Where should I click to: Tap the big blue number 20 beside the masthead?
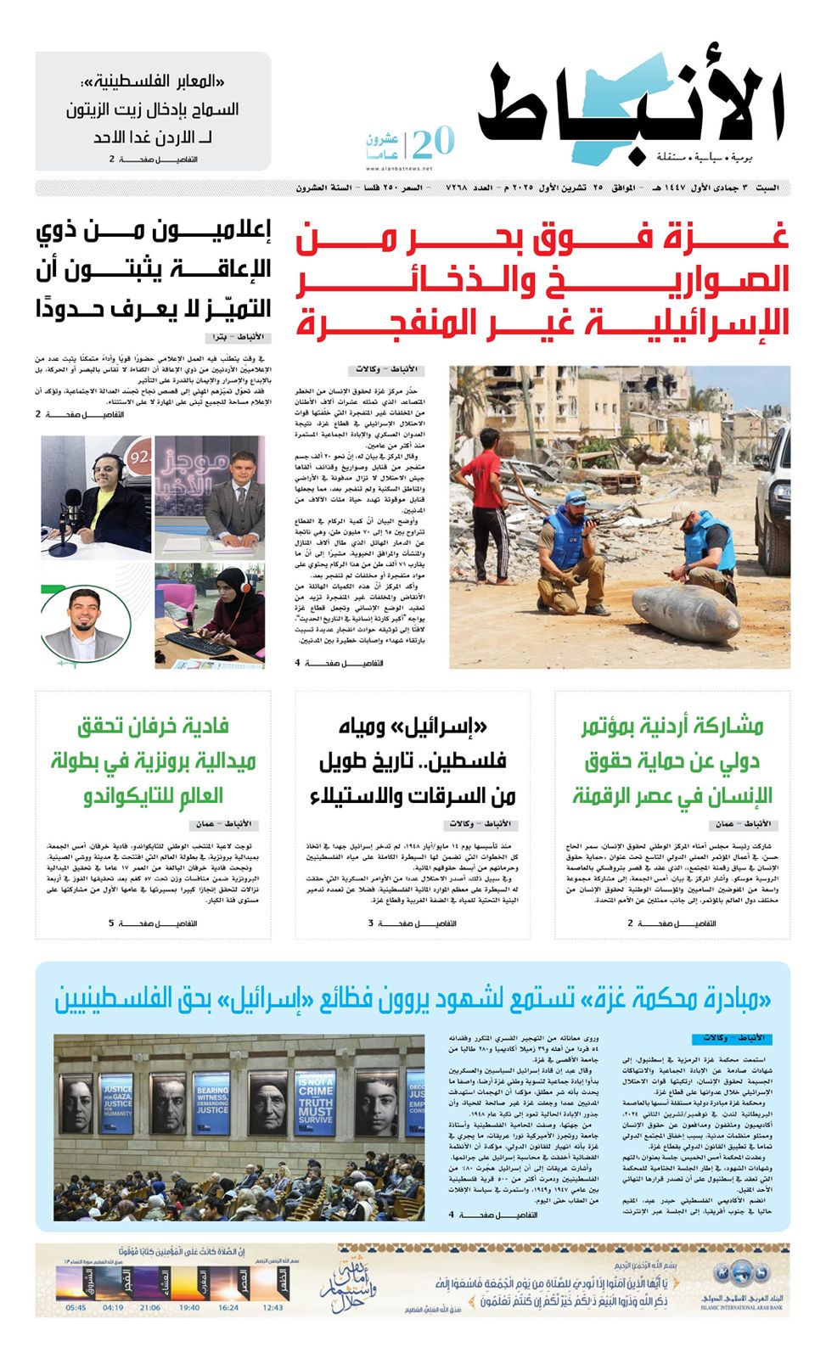[x=433, y=142]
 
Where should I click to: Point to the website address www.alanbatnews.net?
[x=399, y=169]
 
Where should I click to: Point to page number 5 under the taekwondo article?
[x=110, y=923]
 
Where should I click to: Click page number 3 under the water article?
[x=370, y=923]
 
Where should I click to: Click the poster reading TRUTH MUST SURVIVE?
[x=314, y=1103]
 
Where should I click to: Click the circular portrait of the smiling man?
[x=83, y=621]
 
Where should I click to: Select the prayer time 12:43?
[x=273, y=1308]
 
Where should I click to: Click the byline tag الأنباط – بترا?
[x=243, y=338]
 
